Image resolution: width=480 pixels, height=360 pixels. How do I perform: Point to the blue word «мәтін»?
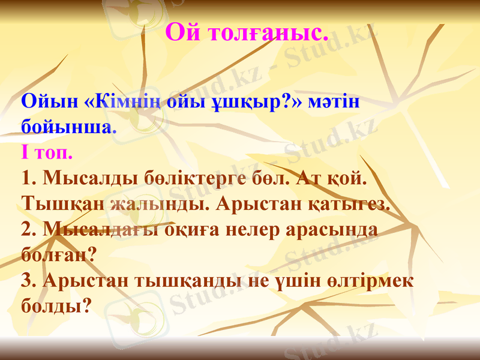(334, 101)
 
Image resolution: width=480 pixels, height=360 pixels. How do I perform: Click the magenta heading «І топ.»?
(46, 152)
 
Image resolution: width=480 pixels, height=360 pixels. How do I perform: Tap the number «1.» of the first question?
(29, 178)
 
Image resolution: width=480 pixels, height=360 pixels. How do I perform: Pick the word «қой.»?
(346, 178)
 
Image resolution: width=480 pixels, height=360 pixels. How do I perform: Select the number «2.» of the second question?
(29, 230)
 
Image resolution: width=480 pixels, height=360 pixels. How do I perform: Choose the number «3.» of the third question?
(29, 281)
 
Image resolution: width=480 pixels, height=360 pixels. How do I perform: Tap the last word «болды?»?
(55, 306)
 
